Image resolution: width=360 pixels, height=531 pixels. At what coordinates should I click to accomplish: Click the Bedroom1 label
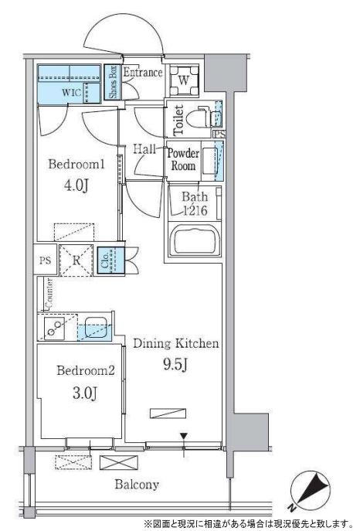point(76,165)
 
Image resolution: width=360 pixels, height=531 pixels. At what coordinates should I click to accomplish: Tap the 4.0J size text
point(76,186)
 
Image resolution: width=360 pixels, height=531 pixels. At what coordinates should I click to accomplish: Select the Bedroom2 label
point(86,370)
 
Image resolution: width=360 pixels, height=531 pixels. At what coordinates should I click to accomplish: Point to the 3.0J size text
point(85,393)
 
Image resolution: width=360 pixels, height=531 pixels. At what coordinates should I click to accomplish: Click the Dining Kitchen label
point(176,343)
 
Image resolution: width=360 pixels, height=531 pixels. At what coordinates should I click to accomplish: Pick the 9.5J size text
point(175,364)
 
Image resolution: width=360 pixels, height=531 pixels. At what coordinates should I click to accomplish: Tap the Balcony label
point(137,485)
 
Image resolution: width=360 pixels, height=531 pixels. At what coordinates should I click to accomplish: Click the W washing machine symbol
point(184,80)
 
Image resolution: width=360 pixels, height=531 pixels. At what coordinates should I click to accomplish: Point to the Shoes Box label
point(113,82)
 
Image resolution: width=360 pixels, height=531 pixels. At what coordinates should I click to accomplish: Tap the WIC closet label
point(71,92)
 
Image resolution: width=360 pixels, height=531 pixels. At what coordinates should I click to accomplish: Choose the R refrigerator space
point(76,260)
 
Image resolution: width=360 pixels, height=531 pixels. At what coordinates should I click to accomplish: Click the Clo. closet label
point(104,260)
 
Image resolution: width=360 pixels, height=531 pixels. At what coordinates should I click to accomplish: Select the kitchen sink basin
point(96,326)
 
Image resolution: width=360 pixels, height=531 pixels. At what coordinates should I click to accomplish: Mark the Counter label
point(49,294)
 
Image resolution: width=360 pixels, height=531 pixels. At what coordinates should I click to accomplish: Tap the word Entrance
point(142,72)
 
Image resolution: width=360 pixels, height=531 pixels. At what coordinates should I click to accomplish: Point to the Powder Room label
point(183,159)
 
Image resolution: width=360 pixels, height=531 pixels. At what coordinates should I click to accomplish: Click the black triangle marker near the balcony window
point(184,436)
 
